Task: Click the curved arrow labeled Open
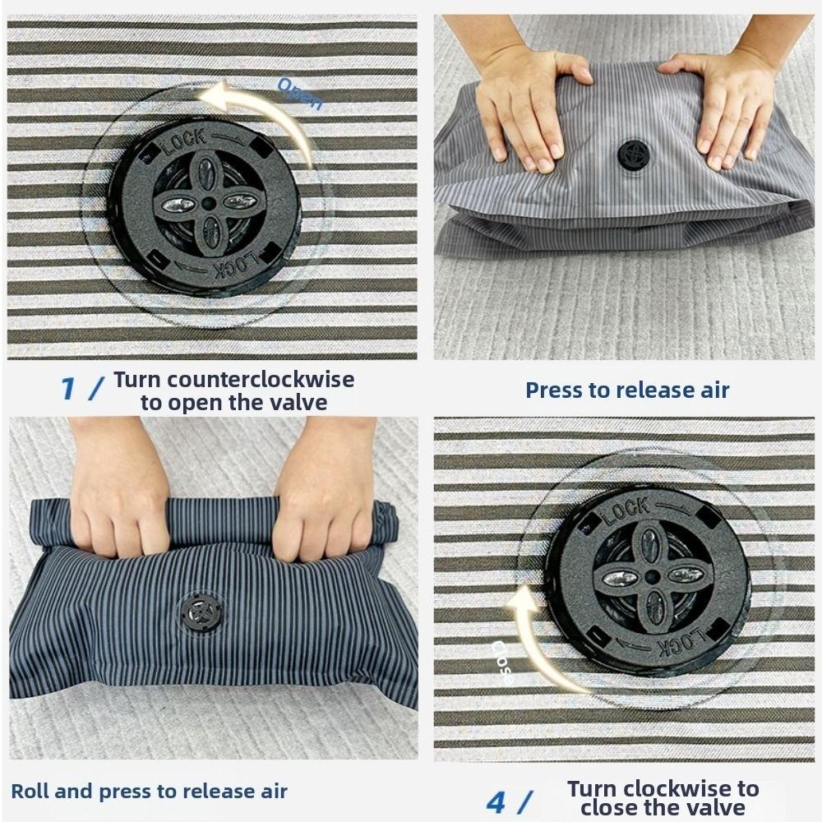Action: [x=255, y=107]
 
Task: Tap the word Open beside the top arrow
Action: [x=300, y=93]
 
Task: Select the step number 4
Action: [x=496, y=801]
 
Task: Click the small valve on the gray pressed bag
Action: [x=634, y=155]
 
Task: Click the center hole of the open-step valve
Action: [x=208, y=203]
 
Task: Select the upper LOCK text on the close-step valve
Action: [x=626, y=511]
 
